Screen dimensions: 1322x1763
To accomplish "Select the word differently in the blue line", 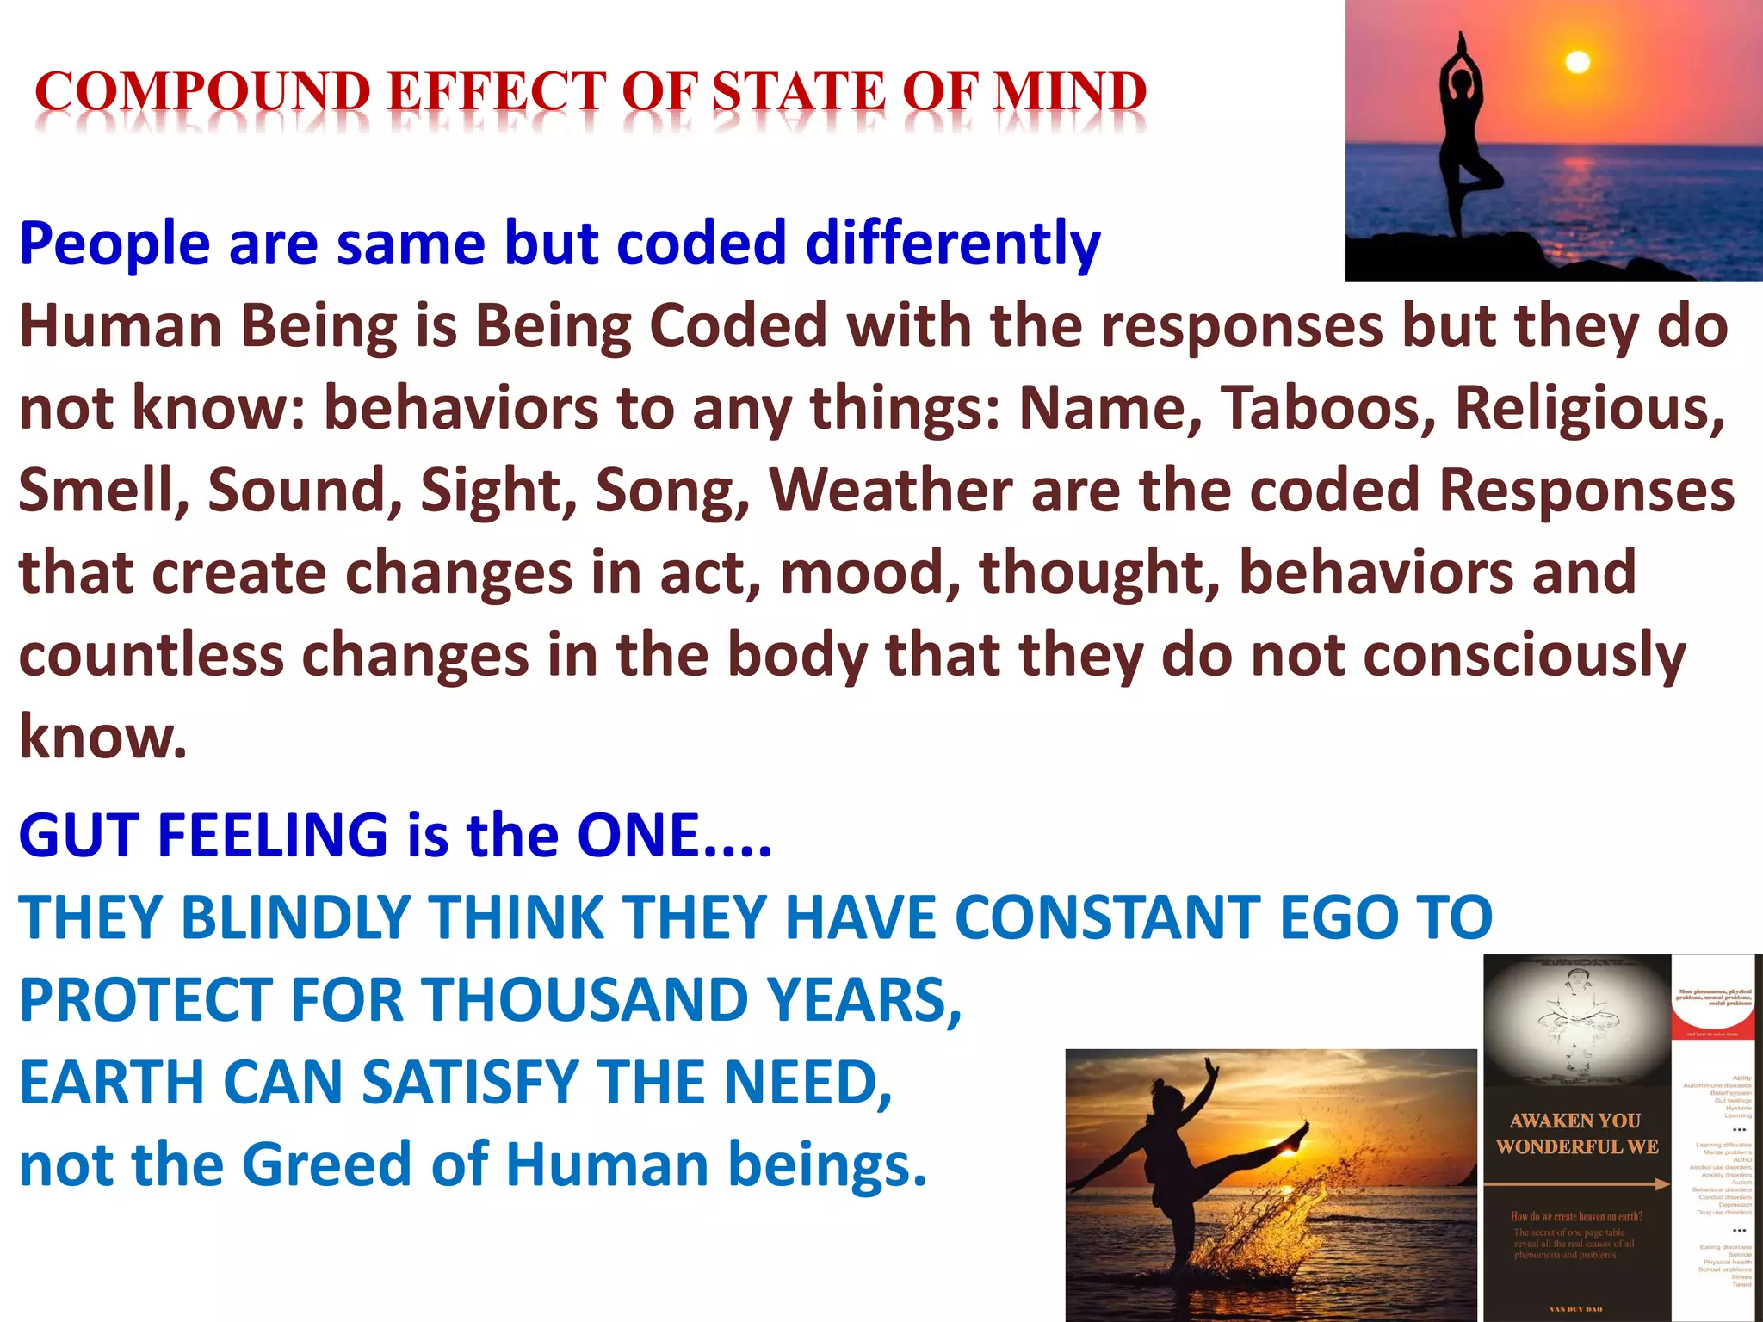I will (952, 244).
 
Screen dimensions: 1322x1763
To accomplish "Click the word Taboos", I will (1327, 408).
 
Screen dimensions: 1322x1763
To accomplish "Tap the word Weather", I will (890, 491).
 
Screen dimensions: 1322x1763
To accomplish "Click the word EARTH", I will (112, 1083).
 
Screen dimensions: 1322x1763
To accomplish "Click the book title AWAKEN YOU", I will (1574, 1121).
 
